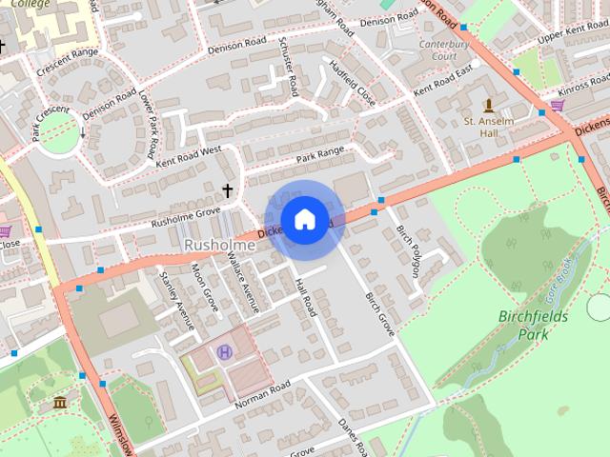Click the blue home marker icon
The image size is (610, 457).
304,220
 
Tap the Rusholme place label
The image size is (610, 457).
219,246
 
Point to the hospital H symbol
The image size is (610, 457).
225,352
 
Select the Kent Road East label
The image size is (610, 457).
442,80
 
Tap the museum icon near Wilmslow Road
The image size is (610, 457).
61,403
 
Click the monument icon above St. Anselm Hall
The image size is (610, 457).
489,104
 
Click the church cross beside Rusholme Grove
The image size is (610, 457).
227,190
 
